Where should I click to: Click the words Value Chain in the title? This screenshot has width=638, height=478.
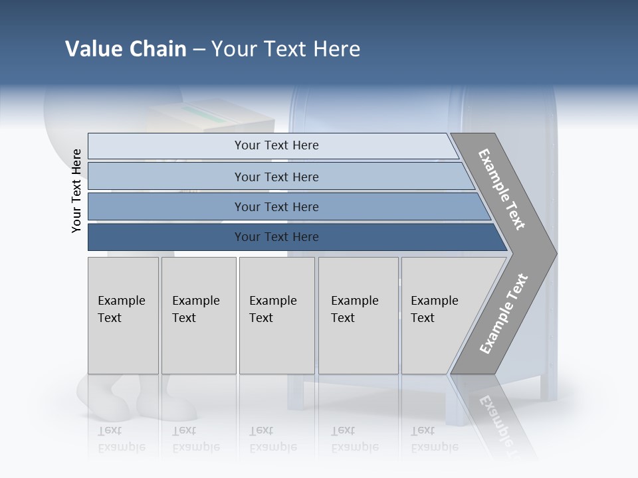tap(126, 49)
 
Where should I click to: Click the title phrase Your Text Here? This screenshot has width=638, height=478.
tap(286, 49)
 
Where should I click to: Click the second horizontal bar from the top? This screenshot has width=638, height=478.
tap(276, 177)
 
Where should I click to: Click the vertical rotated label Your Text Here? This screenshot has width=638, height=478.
tap(76, 191)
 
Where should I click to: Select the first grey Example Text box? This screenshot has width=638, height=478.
tap(123, 315)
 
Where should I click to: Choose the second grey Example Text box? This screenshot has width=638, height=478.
tap(199, 315)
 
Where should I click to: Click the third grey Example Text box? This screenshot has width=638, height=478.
tap(276, 315)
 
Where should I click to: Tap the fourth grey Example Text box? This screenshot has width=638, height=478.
tap(358, 315)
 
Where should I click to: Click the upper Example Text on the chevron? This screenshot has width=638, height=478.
tap(502, 189)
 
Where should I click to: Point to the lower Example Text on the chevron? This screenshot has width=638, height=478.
tap(503, 314)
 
